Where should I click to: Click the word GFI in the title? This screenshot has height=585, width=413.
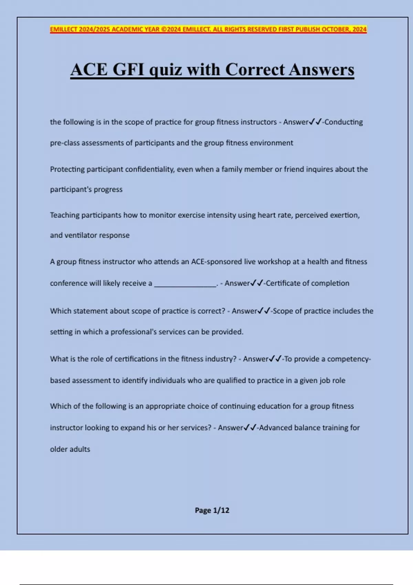click(x=128, y=70)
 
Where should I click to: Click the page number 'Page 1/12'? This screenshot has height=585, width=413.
click(x=212, y=510)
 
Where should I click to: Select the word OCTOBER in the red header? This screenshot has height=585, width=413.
click(x=336, y=29)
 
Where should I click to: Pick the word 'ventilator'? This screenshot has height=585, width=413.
click(x=80, y=235)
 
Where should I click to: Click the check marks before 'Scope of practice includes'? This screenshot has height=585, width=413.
click(x=264, y=311)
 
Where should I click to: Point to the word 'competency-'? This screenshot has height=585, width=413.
click(x=349, y=359)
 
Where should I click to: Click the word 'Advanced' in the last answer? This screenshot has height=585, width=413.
click(x=275, y=428)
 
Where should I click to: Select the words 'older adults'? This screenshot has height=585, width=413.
click(x=70, y=449)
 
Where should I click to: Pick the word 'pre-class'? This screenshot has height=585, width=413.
click(x=64, y=143)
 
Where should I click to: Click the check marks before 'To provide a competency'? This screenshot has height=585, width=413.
click(x=275, y=359)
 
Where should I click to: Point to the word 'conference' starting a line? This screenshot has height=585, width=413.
click(x=68, y=283)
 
